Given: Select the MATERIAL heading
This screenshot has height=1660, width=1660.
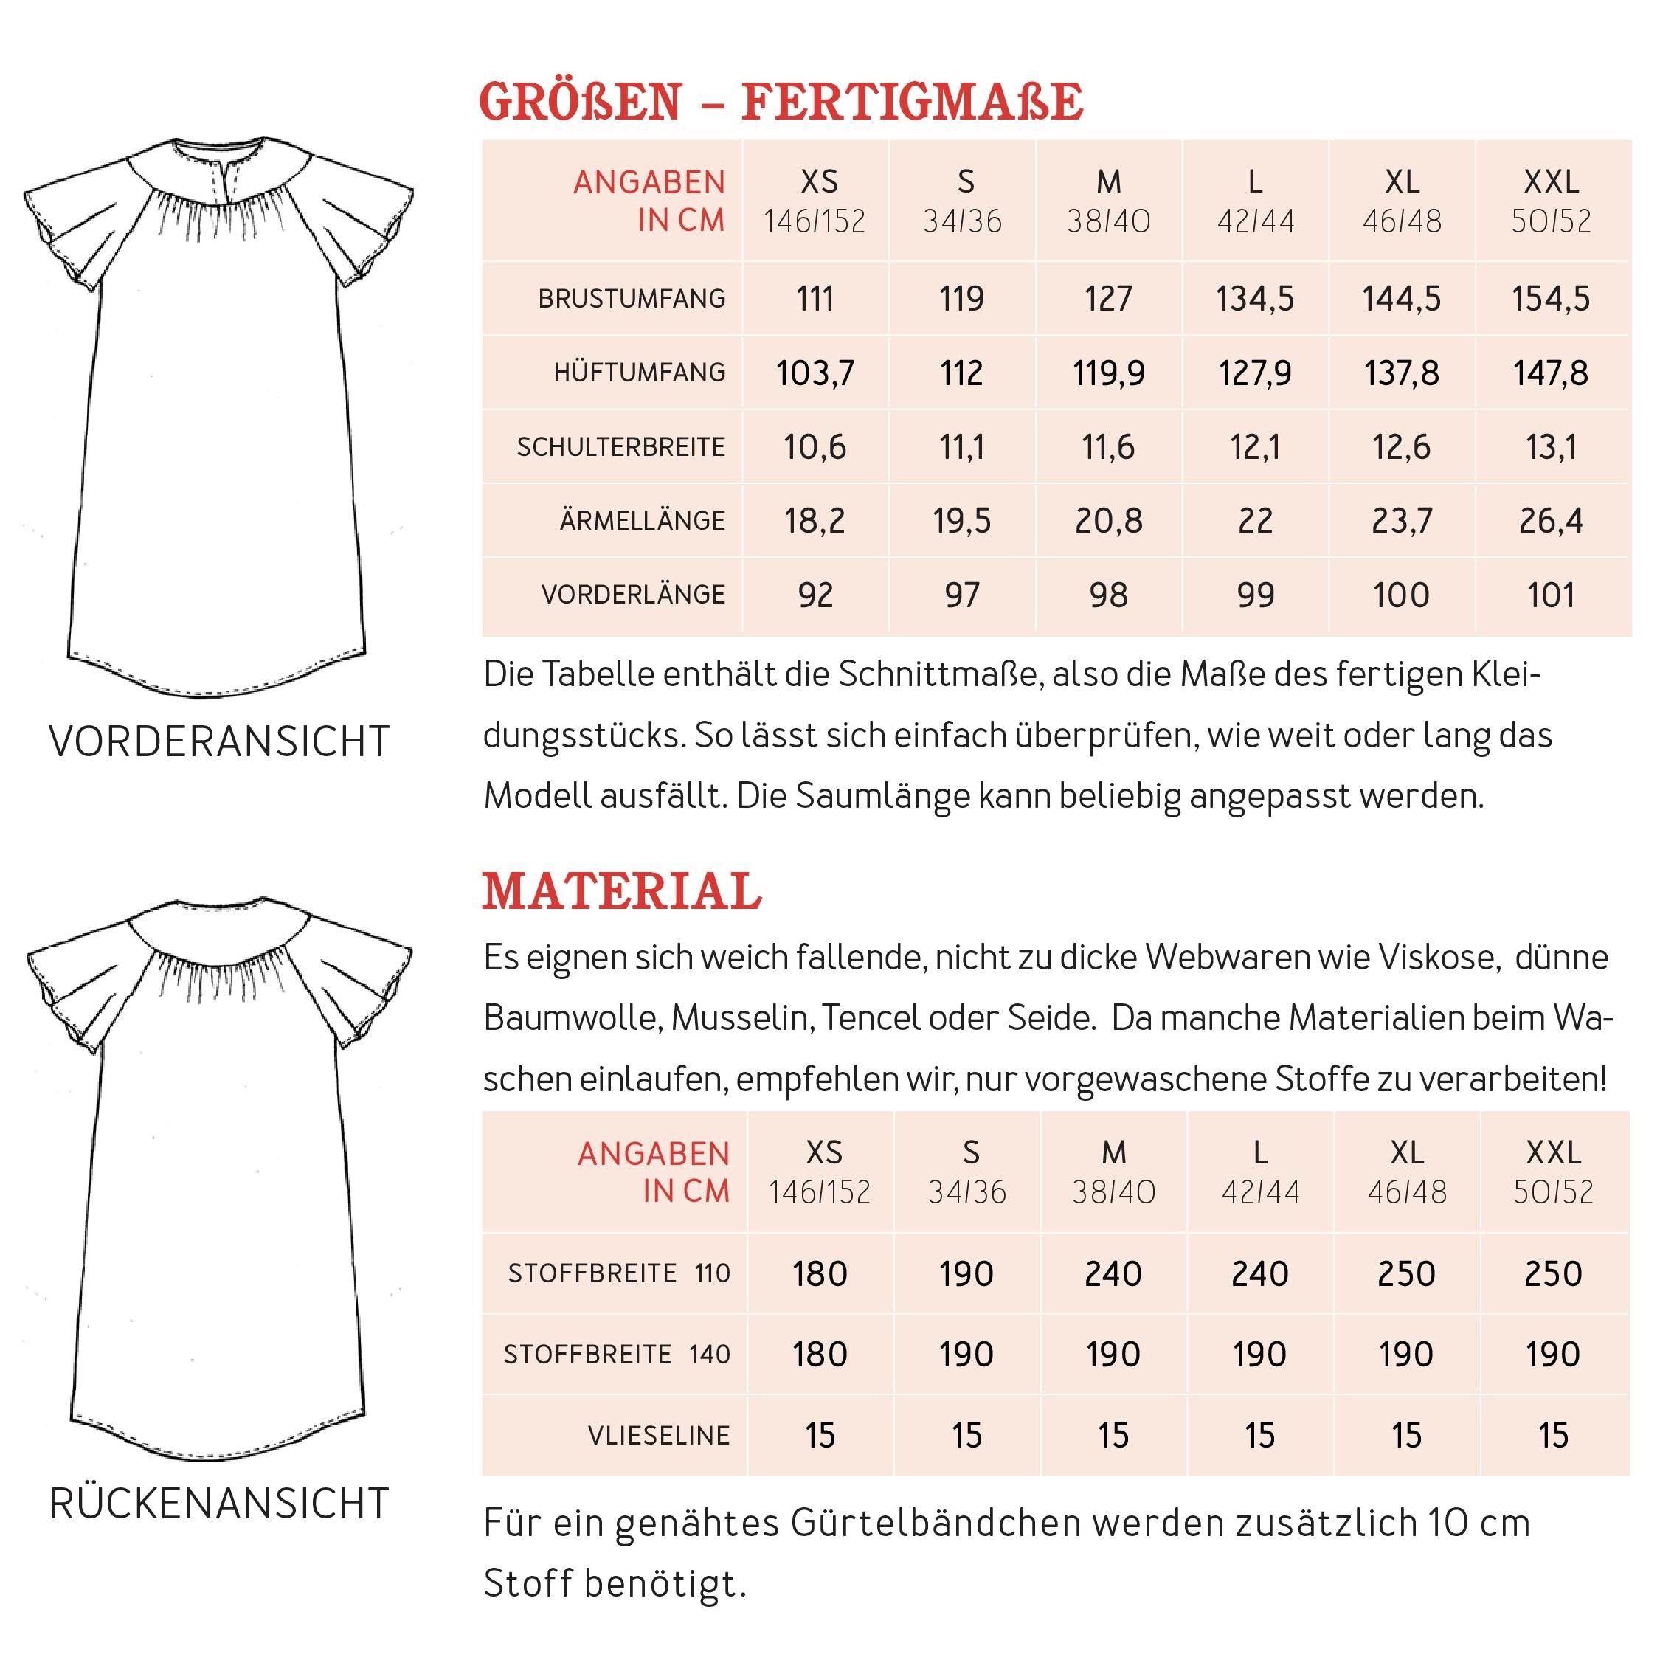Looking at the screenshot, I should click(621, 891).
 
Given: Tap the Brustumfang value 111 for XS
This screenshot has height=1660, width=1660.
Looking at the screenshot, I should click(815, 299).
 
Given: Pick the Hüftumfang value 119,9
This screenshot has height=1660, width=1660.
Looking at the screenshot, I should click(1108, 373).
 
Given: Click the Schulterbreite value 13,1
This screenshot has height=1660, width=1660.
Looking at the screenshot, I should click(1550, 447).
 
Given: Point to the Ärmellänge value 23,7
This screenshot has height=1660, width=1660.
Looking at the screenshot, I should click(1401, 521).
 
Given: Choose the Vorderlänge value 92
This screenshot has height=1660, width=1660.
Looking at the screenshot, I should click(815, 595).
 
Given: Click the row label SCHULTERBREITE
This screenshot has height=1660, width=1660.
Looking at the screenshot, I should click(620, 447).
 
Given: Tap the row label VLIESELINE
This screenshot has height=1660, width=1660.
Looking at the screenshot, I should click(658, 1435).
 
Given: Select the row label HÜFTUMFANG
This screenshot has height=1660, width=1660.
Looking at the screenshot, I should click(639, 373).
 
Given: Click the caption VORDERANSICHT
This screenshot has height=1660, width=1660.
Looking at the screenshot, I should click(219, 741).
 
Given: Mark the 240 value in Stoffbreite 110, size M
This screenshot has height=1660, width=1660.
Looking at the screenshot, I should click(1113, 1273).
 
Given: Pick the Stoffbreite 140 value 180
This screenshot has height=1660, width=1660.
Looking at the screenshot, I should click(820, 1354).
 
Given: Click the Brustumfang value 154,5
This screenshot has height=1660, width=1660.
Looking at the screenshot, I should click(1550, 299).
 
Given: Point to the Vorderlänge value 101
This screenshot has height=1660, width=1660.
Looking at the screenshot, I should click(1550, 595).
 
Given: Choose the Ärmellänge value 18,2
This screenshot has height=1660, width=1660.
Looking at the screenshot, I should click(815, 521).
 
